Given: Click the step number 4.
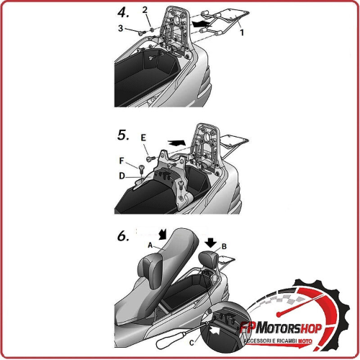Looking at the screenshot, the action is point(123,12).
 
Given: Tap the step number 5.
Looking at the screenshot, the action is point(123,135).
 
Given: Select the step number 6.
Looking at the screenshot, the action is point(123,236).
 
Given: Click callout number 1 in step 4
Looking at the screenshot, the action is point(242,32).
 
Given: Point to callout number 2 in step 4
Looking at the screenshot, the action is point(145,10).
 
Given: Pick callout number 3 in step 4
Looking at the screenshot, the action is point(120,28).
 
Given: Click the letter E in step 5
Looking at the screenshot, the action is point(143,138).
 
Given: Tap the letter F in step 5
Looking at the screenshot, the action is point(122,161).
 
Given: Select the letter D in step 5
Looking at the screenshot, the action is point(122,176).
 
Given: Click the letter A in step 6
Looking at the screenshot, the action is point(150,246).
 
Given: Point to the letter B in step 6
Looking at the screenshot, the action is point(224,246).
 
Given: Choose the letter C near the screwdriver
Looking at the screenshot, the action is point(192,343).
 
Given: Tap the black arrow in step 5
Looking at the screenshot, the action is point(176,142).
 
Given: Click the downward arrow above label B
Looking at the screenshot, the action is point(211,243).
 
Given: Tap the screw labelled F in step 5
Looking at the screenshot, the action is point(141,168).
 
